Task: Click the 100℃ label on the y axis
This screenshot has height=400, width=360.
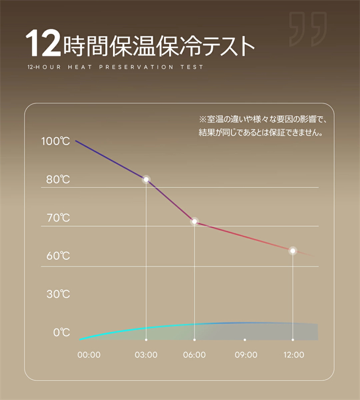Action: click(55, 141)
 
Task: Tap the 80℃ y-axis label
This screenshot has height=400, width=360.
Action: click(58, 179)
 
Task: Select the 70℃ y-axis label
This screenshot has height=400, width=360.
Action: click(58, 218)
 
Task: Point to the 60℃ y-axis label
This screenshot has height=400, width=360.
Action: click(58, 256)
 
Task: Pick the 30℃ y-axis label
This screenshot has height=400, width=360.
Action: click(58, 294)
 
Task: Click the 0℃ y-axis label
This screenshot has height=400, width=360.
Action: click(61, 332)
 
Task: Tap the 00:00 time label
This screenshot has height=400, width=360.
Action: click(88, 355)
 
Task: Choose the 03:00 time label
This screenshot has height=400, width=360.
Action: click(146, 355)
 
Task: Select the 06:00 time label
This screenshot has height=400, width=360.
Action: click(195, 355)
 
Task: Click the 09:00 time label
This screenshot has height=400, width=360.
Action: click(246, 355)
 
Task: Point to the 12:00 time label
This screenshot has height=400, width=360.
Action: click(293, 355)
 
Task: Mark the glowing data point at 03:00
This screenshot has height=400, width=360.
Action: click(146, 179)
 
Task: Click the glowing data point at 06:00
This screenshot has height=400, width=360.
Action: click(195, 222)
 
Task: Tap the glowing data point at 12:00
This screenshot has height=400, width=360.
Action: click(292, 251)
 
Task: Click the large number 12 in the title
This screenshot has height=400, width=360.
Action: click(43, 44)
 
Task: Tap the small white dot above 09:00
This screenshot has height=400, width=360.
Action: click(245, 340)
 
